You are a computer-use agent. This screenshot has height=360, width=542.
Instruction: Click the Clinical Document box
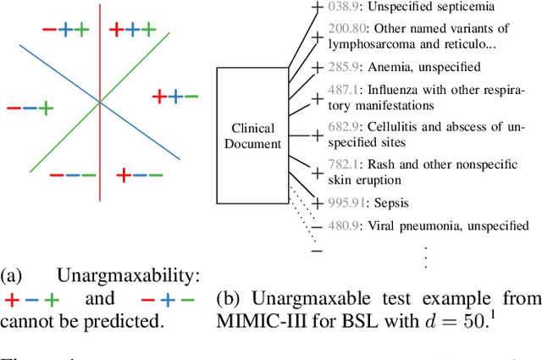click(x=253, y=136)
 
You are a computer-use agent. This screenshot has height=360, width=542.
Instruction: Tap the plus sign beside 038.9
click(x=317, y=8)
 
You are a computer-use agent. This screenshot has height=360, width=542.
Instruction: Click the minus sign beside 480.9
click(x=317, y=227)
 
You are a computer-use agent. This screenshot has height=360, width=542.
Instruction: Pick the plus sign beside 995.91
click(x=317, y=204)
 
